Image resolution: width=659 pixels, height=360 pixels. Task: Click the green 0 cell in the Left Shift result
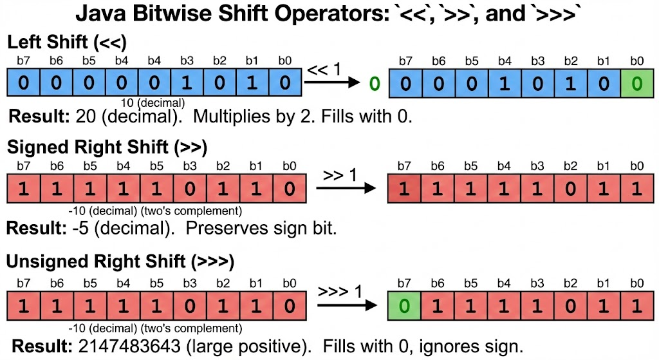pyautogui.click(x=637, y=83)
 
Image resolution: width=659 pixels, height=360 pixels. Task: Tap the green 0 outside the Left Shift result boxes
pyautogui.click(x=375, y=84)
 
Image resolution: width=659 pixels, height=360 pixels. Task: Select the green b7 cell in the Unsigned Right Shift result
pyautogui.click(x=404, y=306)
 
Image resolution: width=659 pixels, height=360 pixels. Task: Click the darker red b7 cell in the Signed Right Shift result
pyautogui.click(x=404, y=189)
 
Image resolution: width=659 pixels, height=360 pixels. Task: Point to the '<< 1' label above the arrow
pyautogui.click(x=324, y=69)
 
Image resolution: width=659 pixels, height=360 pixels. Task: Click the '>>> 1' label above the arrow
pyautogui.click(x=340, y=291)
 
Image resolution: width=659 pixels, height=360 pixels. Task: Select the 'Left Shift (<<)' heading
pyautogui.click(x=67, y=42)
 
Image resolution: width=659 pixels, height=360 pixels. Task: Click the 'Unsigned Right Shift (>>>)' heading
pyautogui.click(x=120, y=261)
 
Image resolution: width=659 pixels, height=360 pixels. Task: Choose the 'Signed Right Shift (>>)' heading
pyautogui.click(x=107, y=147)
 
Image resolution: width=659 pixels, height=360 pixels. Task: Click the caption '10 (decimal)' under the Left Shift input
pyautogui.click(x=153, y=102)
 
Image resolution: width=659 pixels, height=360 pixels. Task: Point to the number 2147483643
pyautogui.click(x=129, y=346)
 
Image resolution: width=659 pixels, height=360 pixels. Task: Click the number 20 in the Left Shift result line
pyautogui.click(x=86, y=116)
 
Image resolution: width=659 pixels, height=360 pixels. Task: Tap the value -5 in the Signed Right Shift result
pyautogui.click(x=80, y=229)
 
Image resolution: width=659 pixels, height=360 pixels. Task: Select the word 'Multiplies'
pyautogui.click(x=232, y=117)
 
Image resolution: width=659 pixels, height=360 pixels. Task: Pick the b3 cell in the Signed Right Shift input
pyautogui.click(x=190, y=189)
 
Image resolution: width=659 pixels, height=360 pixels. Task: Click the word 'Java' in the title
pyautogui.click(x=101, y=14)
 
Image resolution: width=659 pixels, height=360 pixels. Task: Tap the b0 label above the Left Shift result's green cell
pyautogui.click(x=637, y=61)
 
